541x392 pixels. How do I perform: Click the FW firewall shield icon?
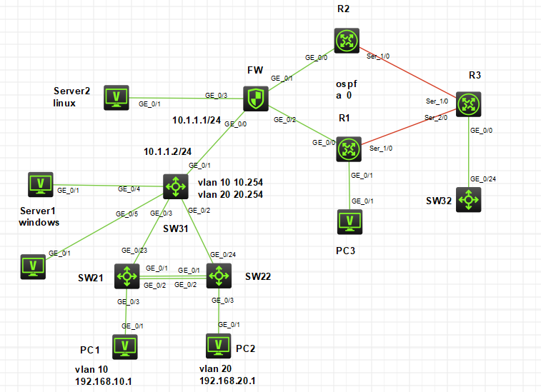pyautogui.click(x=256, y=99)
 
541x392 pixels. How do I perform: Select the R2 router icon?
pyautogui.click(x=347, y=41)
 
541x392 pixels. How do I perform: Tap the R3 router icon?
pyautogui.click(x=469, y=104)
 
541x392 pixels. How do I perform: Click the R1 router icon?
pyautogui.click(x=349, y=149)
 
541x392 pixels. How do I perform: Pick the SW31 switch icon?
pyautogui.click(x=176, y=186)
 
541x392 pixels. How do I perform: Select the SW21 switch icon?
pyautogui.click(x=127, y=276)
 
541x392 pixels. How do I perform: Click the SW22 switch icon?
pyautogui.click(x=219, y=276)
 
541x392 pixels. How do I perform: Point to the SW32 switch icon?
pyautogui.click(x=469, y=200)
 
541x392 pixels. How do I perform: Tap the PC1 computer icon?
pyautogui.click(x=125, y=347)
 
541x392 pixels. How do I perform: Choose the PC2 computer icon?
pyautogui.click(x=219, y=346)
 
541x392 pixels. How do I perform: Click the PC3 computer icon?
pyautogui.click(x=350, y=222)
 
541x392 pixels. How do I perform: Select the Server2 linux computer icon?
pyautogui.click(x=116, y=98)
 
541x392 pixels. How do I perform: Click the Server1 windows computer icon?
pyautogui.click(x=41, y=185)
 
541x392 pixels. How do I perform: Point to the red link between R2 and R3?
pyautogui.click(x=408, y=72)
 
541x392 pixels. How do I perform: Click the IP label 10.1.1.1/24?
pyautogui.click(x=197, y=120)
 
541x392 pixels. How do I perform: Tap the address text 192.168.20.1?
pyautogui.click(x=227, y=381)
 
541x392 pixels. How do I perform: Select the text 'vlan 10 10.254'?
pyautogui.click(x=230, y=182)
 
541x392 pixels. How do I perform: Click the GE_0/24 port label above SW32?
pyautogui.click(x=483, y=179)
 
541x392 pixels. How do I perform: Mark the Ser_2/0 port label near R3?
pyautogui.click(x=436, y=118)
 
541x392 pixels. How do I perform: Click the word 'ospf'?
pyautogui.click(x=347, y=84)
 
